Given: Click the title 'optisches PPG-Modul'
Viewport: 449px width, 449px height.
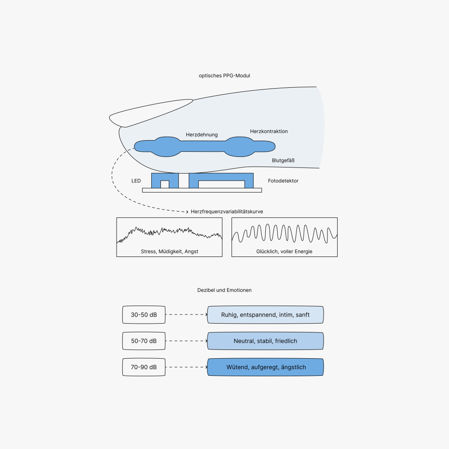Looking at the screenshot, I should (x=224, y=76).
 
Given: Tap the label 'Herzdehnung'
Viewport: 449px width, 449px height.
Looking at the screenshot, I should (x=202, y=135).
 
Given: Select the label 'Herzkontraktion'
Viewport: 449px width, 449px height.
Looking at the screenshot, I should (x=269, y=131).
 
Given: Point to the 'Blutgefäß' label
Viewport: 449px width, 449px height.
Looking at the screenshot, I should (x=283, y=160).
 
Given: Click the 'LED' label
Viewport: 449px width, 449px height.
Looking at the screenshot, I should (x=136, y=181).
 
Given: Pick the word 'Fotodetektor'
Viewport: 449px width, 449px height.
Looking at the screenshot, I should (x=283, y=181).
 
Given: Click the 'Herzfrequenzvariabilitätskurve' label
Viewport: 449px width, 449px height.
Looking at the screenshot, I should (x=227, y=211).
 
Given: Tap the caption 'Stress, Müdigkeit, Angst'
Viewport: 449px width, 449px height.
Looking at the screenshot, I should (x=169, y=252).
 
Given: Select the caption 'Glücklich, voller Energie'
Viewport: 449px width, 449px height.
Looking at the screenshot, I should (x=284, y=252).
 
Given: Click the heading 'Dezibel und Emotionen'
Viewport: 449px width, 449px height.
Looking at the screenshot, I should (x=224, y=290).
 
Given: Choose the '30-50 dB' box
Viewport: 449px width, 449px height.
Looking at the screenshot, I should (x=144, y=315).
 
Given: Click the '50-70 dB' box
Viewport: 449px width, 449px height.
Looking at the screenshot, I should (x=144, y=341).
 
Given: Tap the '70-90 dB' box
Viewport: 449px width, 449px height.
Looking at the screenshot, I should (x=144, y=367).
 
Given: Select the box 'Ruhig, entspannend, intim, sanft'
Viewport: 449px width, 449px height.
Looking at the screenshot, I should (x=266, y=315).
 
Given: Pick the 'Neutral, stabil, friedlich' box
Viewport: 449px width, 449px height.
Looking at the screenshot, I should (x=266, y=341).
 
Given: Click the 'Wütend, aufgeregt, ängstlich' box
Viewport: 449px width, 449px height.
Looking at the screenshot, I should (x=266, y=367).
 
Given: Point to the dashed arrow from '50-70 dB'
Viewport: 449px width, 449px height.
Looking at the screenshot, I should (x=186, y=341).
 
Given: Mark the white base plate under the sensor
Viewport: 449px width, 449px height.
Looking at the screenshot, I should (x=202, y=190).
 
